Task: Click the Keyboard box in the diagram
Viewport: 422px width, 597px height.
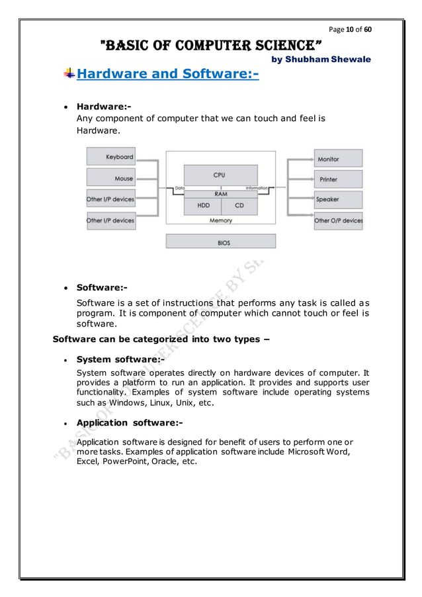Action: point(111,158)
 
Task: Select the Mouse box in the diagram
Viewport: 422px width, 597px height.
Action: point(111,179)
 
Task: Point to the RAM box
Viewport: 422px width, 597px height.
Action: point(220,195)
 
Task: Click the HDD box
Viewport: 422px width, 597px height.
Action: point(204,206)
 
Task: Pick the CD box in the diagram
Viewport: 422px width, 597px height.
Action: point(239,206)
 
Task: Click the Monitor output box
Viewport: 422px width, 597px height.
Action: point(338,158)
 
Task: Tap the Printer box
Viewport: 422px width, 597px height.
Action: point(338,179)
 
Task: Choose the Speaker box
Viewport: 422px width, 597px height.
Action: point(338,199)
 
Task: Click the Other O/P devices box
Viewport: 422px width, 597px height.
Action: point(338,220)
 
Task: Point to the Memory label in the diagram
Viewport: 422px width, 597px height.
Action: point(220,220)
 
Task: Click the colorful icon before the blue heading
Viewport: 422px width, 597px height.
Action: point(69,73)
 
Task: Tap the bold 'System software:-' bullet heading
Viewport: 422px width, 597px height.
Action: point(120,359)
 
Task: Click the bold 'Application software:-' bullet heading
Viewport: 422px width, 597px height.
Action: point(130,422)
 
